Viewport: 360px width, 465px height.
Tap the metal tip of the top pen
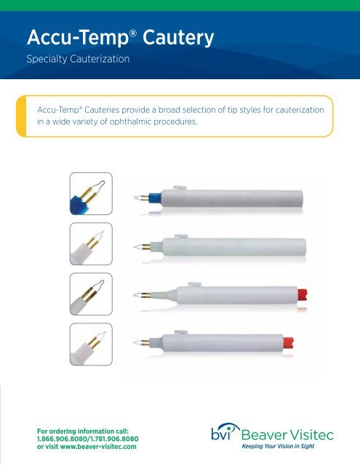pyautogui.click(x=137, y=198)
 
